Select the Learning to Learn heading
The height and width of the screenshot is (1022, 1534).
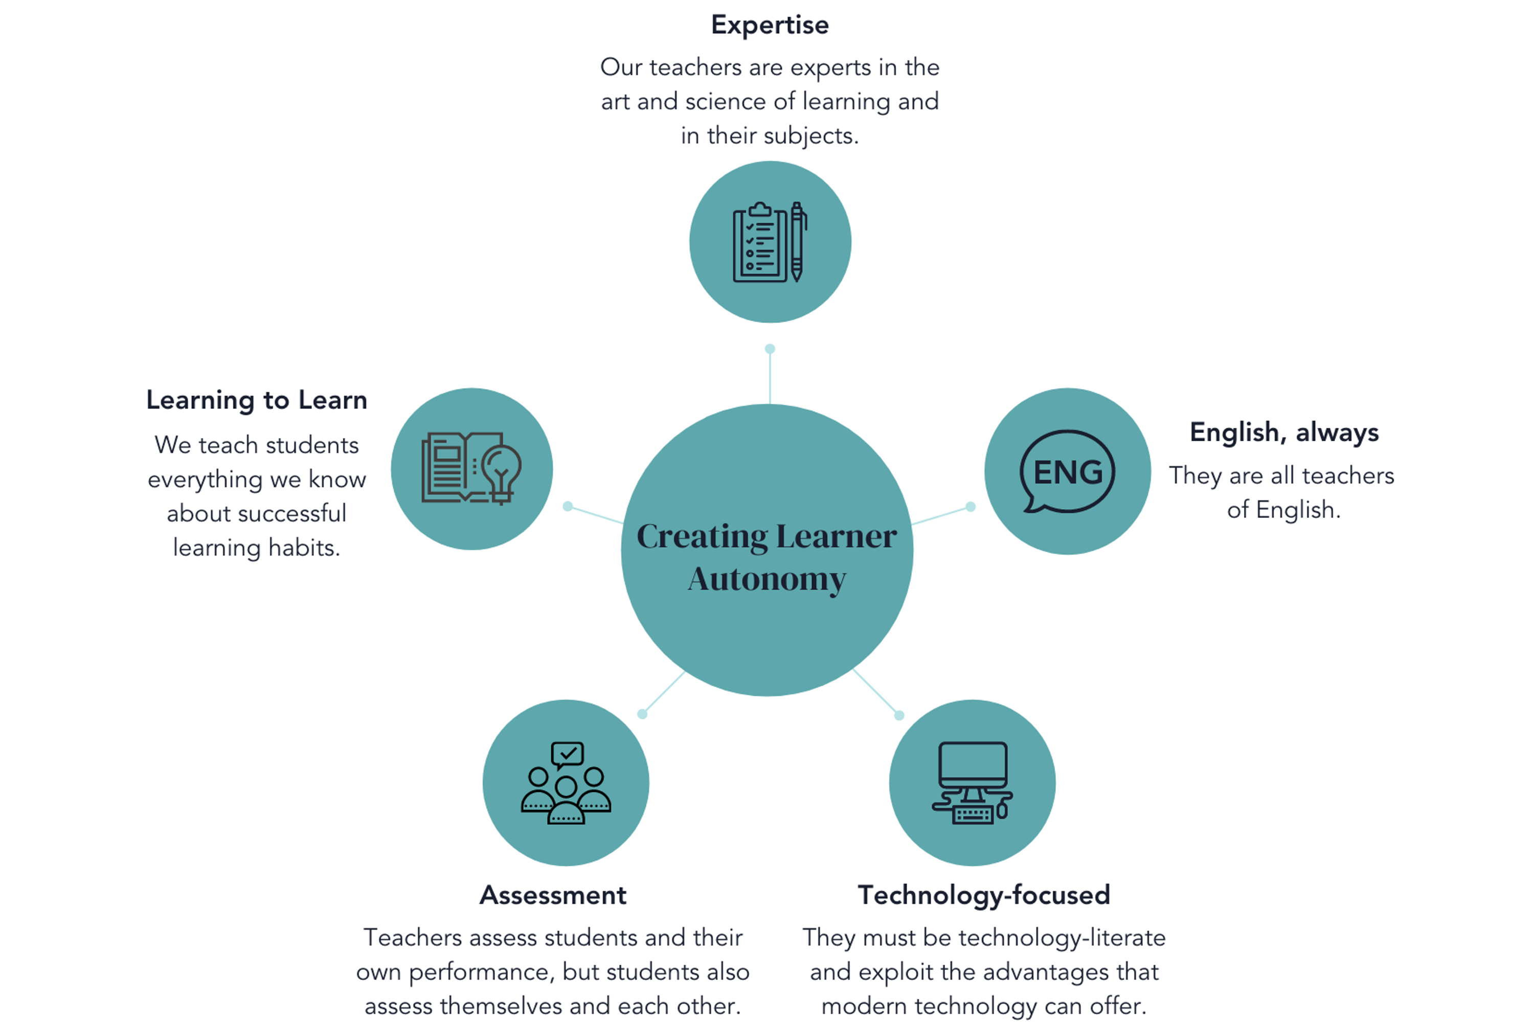(x=256, y=399)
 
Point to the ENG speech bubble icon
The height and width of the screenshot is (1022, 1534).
(x=1067, y=471)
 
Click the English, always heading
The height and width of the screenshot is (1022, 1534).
(x=1283, y=432)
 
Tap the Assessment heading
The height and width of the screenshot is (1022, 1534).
(x=553, y=895)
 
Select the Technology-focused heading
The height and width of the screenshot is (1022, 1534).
(x=983, y=895)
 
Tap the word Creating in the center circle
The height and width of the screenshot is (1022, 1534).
(x=702, y=536)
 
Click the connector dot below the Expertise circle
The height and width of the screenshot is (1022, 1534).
(x=770, y=349)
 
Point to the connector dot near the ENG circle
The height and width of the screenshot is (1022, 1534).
(x=970, y=507)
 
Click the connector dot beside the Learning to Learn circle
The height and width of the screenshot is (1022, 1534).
(x=568, y=506)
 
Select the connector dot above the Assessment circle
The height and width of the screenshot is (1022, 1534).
(x=642, y=714)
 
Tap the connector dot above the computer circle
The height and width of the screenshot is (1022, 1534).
(x=899, y=715)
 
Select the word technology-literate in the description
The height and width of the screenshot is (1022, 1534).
(x=1062, y=937)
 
